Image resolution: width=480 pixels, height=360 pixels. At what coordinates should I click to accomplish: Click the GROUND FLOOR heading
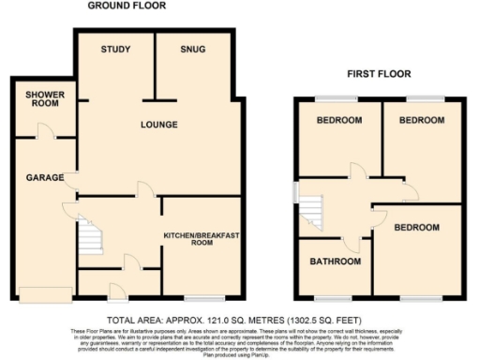(x=127, y=6)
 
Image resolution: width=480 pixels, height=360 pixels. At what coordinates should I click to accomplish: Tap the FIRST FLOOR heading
(x=378, y=73)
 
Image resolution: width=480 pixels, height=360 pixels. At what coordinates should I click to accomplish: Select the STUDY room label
(x=115, y=50)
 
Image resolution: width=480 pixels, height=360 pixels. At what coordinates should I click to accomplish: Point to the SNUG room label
(x=193, y=50)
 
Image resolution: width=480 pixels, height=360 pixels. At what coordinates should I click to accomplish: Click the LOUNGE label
(x=159, y=124)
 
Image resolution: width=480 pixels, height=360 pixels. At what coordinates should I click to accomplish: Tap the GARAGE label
(x=44, y=177)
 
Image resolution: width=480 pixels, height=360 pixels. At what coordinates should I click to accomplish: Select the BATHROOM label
(x=336, y=262)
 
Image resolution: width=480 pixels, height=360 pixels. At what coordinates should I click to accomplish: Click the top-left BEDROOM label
(x=339, y=121)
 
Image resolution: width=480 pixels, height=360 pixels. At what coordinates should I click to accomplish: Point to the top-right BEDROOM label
(x=422, y=121)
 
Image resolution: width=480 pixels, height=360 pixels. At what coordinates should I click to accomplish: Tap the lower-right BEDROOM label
(x=416, y=228)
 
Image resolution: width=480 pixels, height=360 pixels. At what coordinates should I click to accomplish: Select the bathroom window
(x=333, y=297)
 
